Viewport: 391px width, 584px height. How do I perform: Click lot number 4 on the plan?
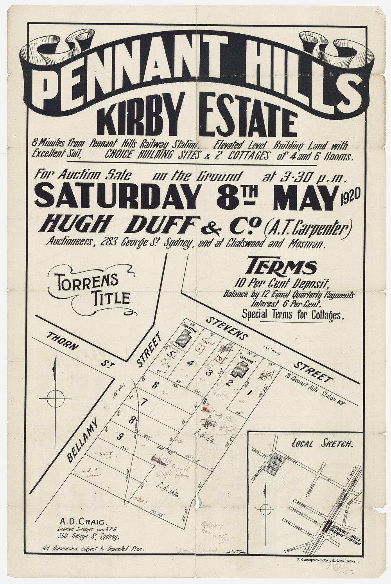[190, 364]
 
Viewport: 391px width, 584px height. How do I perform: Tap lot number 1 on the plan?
[249, 382]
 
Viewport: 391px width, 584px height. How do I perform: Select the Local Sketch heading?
[322, 444]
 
